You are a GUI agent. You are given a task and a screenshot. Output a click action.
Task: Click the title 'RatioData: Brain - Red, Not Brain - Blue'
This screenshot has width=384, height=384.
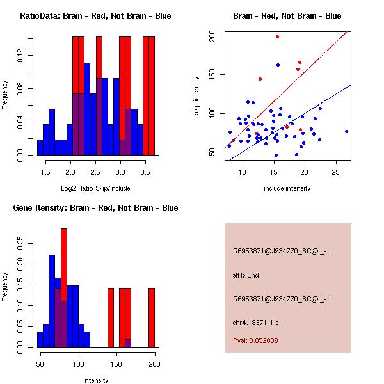point(95,16)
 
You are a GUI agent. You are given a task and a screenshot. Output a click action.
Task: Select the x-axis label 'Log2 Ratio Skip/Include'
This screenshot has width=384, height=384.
point(95,188)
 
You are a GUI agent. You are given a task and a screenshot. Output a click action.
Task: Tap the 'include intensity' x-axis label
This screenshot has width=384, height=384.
point(287,188)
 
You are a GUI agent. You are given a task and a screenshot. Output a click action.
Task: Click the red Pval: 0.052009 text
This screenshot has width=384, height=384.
point(255,340)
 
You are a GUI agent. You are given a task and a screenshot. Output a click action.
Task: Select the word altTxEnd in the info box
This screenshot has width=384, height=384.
point(245,275)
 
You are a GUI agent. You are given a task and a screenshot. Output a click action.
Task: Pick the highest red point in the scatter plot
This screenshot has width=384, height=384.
point(277,36)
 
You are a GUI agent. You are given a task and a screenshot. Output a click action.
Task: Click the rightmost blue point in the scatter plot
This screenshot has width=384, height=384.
point(346,131)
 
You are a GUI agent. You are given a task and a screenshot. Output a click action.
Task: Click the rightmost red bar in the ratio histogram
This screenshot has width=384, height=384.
point(152,96)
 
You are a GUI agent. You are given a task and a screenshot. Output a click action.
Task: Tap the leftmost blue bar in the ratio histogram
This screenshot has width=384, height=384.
point(40,147)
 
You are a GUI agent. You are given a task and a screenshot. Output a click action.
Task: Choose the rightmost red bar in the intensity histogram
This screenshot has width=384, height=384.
point(152,317)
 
